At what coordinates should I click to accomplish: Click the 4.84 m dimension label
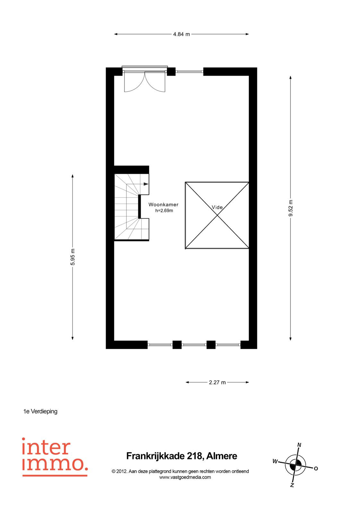181,34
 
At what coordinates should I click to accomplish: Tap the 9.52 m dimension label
291,208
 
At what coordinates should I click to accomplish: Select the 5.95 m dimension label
73,257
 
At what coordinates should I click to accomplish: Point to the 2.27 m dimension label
217,382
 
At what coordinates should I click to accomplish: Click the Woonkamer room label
163,204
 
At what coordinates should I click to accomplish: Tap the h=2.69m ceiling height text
164,210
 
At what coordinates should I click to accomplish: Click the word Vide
217,207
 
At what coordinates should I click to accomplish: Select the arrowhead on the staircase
146,184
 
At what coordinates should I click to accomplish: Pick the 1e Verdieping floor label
40,412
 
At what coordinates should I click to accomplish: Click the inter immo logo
55,457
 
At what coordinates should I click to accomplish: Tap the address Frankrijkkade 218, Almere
182,456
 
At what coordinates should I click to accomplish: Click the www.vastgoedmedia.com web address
185,477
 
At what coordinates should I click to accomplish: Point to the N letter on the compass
299,445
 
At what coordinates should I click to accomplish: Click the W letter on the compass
275,461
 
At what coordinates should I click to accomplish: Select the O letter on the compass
316,469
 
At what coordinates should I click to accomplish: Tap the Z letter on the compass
292,485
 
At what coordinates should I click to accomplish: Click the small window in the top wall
189,72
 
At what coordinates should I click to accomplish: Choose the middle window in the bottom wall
194,344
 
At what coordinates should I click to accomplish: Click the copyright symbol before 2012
114,472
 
